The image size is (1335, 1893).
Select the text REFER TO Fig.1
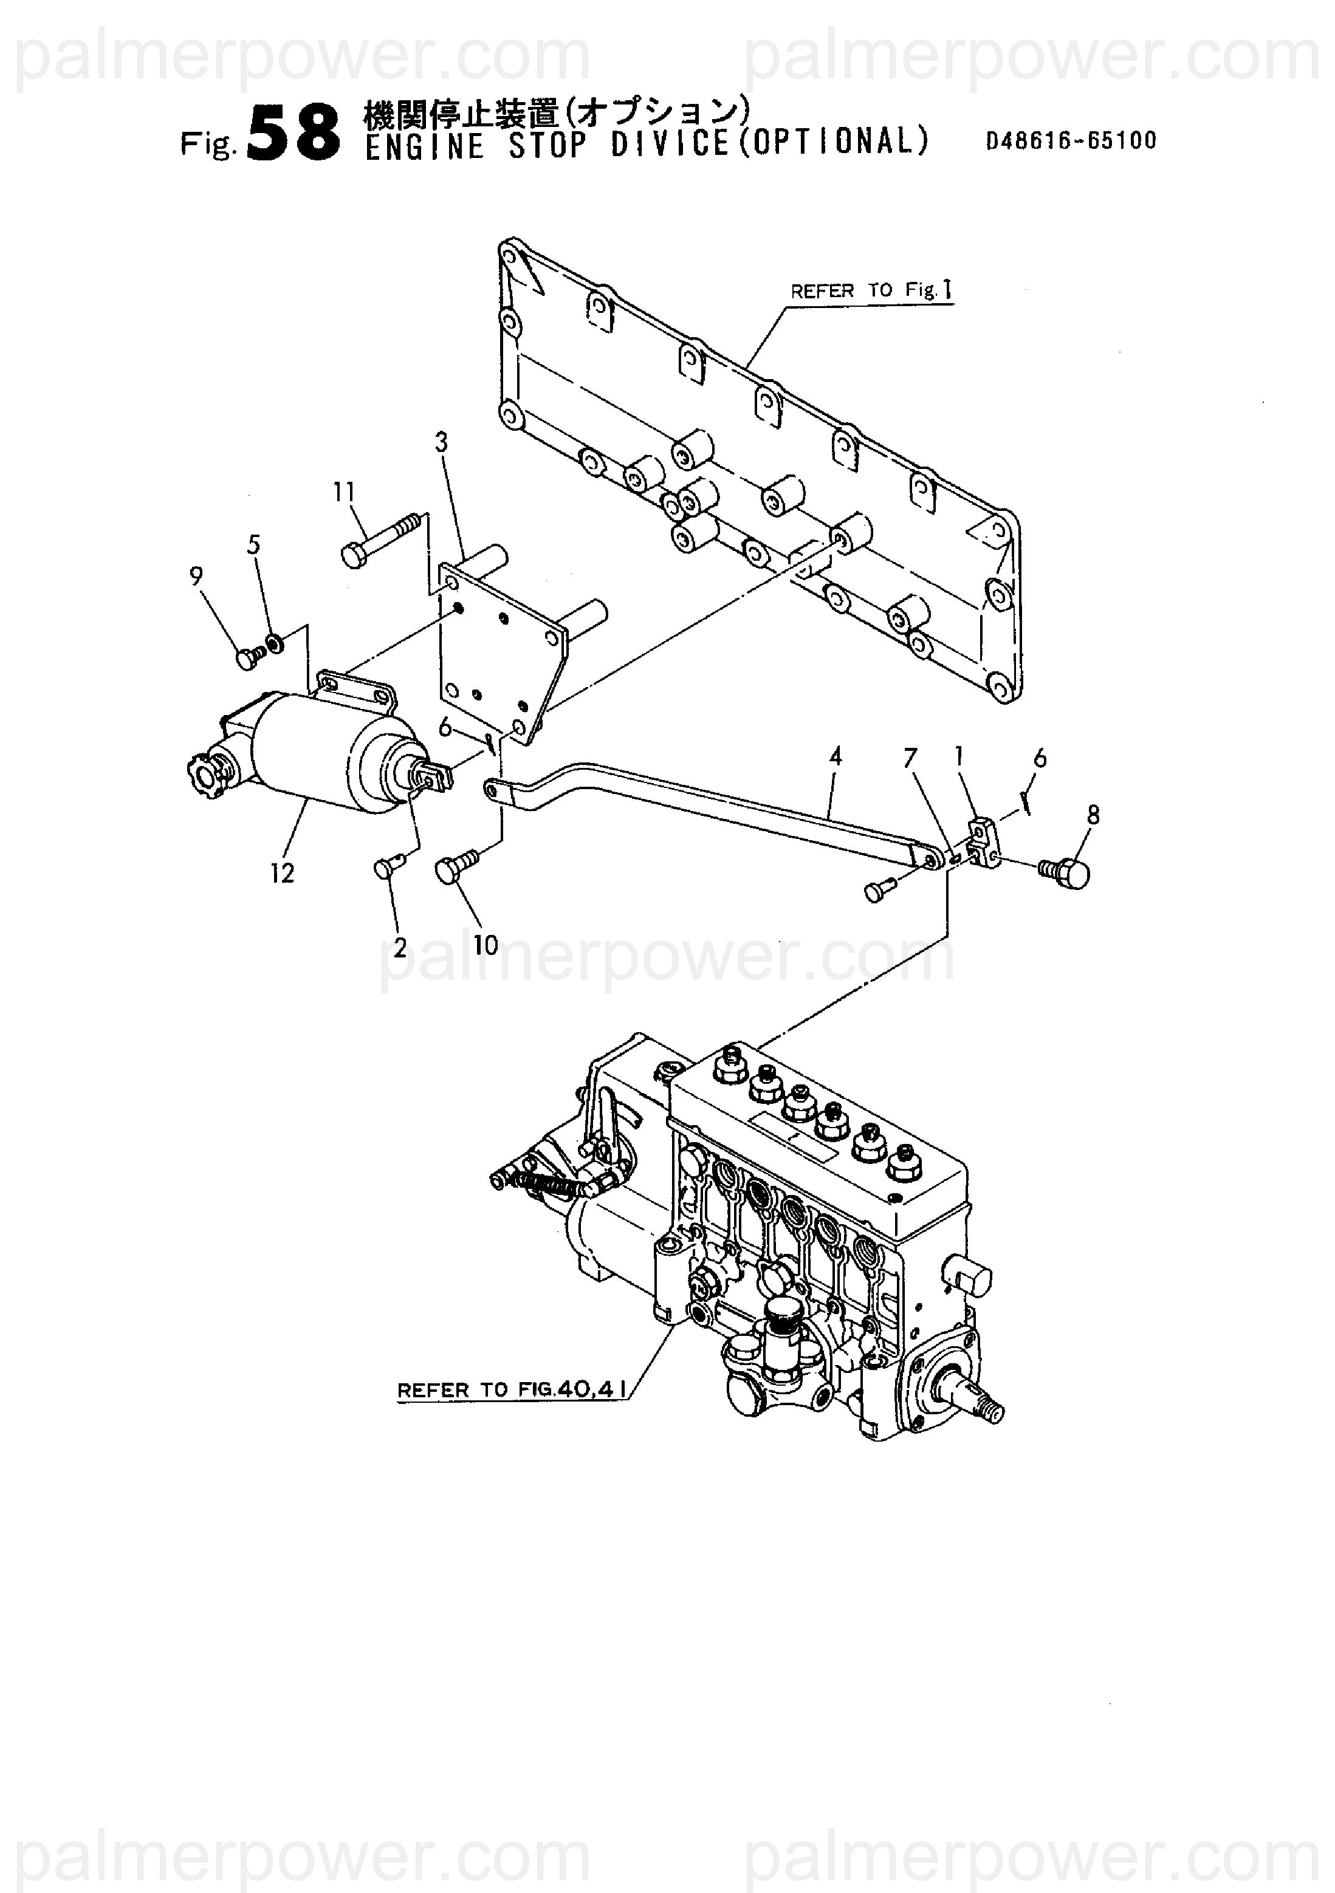click(x=871, y=290)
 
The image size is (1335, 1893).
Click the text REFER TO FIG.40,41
click(x=511, y=1389)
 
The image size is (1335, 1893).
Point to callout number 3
click(x=441, y=443)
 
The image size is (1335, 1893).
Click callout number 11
click(x=344, y=492)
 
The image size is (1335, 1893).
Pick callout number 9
click(x=196, y=577)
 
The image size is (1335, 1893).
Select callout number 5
click(x=254, y=544)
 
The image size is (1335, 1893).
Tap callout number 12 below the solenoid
click(x=282, y=873)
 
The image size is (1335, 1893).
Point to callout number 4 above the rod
click(x=836, y=756)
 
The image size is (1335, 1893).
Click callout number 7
click(x=910, y=758)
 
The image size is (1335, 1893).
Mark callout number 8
click(x=1093, y=815)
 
